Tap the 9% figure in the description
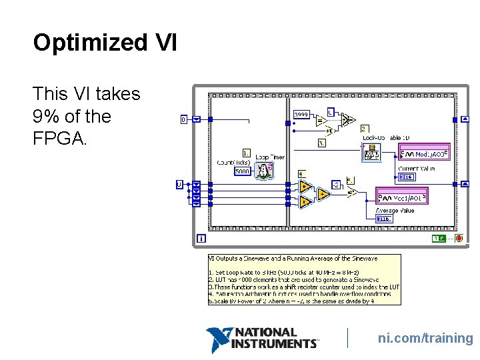tap(45, 116)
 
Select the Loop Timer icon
tap(265, 171)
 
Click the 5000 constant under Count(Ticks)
tap(243, 171)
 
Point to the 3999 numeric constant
tap(301, 113)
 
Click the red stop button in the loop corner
tap(459, 238)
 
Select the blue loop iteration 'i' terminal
tap(201, 238)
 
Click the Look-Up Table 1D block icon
tap(371, 154)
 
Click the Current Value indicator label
tap(417, 169)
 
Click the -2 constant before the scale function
tap(337, 185)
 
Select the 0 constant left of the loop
tap(184, 119)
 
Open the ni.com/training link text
tap(425, 339)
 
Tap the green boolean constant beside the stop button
tap(439, 238)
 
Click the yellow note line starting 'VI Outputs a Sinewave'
tap(294, 258)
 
